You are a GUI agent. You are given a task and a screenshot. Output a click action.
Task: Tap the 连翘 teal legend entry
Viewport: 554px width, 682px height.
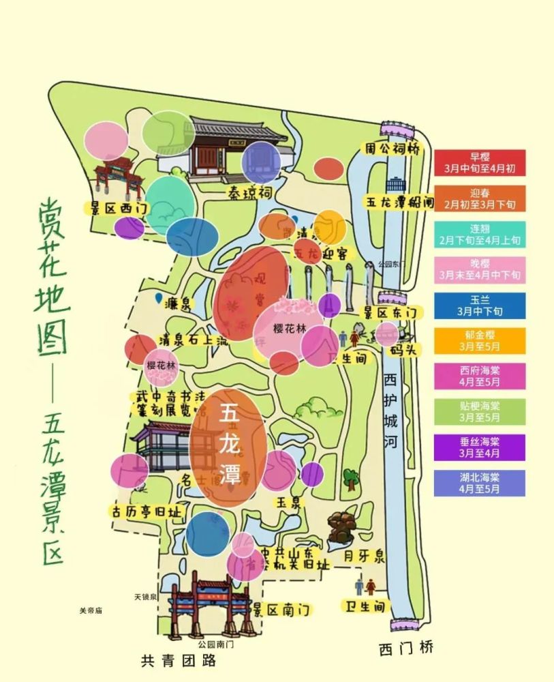479,234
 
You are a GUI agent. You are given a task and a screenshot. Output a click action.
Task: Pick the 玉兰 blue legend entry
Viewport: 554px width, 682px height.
479,306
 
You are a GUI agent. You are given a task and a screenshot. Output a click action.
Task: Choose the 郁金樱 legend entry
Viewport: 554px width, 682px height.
479,340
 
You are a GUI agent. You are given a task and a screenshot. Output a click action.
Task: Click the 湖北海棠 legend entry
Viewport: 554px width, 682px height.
479,483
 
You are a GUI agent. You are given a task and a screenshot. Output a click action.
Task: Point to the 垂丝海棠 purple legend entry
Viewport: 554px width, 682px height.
479,447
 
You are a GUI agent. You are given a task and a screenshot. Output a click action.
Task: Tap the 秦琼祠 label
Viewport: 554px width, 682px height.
249,194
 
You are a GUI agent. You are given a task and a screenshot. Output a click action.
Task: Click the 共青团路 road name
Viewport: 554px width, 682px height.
179,660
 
